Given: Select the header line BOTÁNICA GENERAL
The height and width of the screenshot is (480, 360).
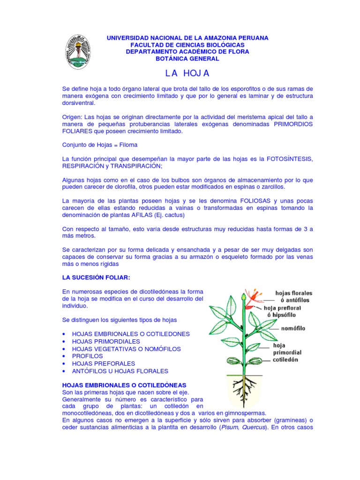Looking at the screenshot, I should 187,59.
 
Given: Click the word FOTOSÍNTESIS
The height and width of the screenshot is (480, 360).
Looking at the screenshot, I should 290,159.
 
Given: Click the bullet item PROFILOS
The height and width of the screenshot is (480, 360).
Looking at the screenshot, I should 87,356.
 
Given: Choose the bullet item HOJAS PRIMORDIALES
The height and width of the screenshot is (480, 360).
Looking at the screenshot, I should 106,341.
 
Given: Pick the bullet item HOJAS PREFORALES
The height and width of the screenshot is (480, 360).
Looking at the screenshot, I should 104,363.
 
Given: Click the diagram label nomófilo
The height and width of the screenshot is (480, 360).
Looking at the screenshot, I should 293,329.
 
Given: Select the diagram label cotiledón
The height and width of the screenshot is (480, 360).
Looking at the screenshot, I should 291,360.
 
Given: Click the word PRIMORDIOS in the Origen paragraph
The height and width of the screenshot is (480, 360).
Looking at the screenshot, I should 285,124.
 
